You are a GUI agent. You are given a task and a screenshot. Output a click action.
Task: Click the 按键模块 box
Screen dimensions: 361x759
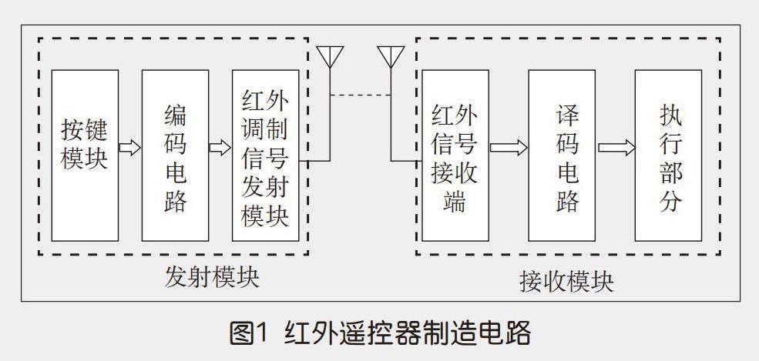coord(85,155)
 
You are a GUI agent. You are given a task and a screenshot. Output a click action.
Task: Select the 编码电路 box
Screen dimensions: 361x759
coord(175,155)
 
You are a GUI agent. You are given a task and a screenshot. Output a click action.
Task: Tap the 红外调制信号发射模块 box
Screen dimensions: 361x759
coord(265,155)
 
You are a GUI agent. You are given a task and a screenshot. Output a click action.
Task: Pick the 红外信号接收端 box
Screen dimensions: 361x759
coord(455,155)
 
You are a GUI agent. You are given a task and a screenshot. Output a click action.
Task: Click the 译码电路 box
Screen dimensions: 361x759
coord(562,155)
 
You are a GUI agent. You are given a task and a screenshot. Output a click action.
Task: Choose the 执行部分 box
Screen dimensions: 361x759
coord(668,155)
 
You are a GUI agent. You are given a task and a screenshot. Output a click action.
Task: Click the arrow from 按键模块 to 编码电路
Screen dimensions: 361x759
coord(130,148)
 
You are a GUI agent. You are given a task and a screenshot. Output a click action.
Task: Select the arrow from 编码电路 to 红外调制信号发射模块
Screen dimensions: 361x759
coord(220,148)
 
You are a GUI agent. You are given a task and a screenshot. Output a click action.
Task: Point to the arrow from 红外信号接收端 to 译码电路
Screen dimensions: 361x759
coord(509,148)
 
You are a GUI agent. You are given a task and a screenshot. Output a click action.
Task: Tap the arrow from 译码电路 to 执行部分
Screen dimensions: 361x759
coord(616,148)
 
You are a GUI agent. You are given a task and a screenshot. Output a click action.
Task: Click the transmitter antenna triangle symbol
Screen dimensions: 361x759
coord(331,55)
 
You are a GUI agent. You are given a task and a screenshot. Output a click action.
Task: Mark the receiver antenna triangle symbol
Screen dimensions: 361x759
coord(391,55)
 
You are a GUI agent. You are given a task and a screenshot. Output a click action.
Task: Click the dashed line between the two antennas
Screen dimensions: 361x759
coord(361,95)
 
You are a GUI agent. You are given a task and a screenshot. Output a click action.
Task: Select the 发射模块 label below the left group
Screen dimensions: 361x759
coord(212,277)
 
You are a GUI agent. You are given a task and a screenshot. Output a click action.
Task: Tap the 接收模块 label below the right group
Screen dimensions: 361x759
coord(566,282)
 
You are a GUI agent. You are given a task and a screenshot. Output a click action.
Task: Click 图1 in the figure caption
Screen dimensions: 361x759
coord(248,334)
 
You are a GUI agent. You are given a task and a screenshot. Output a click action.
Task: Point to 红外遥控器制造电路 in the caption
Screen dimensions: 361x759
coord(408,334)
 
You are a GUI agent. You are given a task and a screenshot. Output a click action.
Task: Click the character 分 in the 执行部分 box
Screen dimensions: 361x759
coord(670,202)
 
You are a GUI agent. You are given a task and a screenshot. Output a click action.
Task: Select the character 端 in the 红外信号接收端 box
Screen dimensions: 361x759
coord(455,202)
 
